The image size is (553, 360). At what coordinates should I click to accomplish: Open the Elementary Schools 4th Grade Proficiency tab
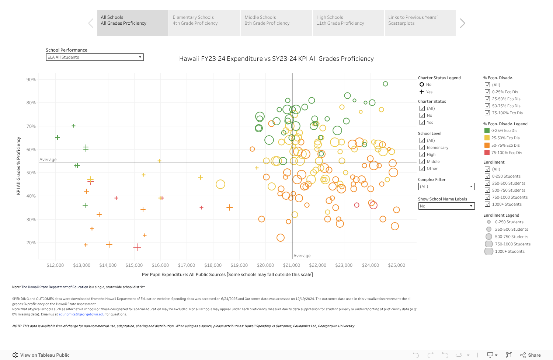(204, 23)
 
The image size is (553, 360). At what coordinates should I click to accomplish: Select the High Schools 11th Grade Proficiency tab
(348, 23)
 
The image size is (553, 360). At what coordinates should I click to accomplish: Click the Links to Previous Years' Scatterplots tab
(420, 23)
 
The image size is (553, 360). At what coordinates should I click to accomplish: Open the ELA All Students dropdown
(95, 57)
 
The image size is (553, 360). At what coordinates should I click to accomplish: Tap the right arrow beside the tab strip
(463, 23)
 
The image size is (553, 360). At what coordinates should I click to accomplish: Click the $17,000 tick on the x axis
(187, 265)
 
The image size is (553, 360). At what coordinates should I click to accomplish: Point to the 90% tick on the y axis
(31, 80)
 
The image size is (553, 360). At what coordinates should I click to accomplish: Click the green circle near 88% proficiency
(385, 84)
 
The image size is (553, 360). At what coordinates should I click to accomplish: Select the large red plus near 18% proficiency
(137, 247)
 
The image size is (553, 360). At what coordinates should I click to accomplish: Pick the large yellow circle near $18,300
(220, 184)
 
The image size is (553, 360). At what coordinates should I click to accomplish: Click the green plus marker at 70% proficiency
(73, 126)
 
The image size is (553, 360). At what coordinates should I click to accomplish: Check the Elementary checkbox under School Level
(422, 147)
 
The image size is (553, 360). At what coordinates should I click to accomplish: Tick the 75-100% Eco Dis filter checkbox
(487, 113)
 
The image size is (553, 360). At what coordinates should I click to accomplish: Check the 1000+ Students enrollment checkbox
(487, 204)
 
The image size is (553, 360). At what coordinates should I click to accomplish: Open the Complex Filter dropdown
(446, 186)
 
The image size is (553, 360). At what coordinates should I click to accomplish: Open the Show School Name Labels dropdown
(446, 206)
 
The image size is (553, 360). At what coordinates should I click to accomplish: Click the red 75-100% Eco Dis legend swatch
(487, 153)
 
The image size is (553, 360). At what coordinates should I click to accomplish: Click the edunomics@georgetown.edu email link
(81, 314)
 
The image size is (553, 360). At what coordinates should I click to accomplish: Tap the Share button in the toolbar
(531, 355)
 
